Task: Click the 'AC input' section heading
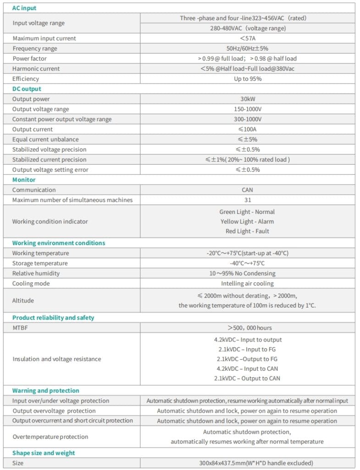coord(24,8)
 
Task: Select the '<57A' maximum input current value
coord(248,39)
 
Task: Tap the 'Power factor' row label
coord(29,59)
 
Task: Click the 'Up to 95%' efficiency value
coord(248,79)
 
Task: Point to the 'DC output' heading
coord(27,89)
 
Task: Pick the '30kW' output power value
coord(248,99)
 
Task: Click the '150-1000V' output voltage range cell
coord(248,109)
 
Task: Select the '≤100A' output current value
coord(248,129)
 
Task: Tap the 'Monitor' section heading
coord(24,180)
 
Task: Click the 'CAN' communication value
coord(248,190)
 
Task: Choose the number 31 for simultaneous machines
coord(248,200)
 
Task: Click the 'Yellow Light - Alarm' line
coord(247,222)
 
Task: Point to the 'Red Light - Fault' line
coord(247,231)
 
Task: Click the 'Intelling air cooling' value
coord(248,284)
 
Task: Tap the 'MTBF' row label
coord(20,328)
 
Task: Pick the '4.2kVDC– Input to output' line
coord(248,340)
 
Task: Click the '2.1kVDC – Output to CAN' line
coord(247,379)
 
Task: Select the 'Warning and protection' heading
coord(46,391)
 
